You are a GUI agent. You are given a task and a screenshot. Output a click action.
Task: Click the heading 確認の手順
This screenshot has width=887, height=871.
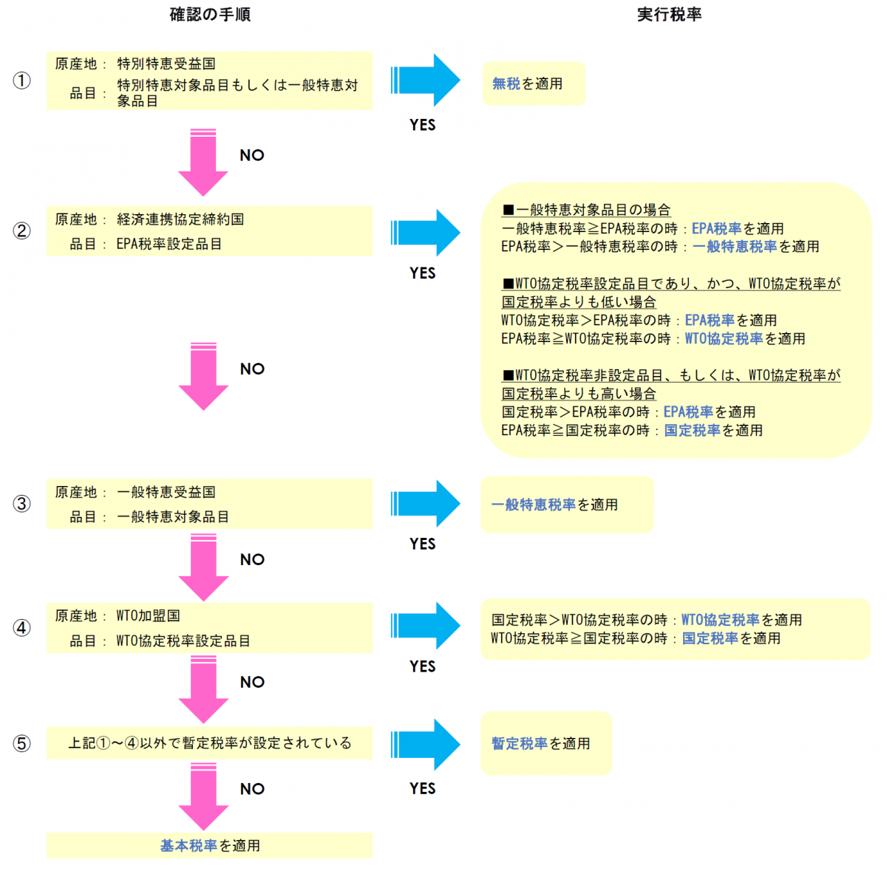tap(210, 15)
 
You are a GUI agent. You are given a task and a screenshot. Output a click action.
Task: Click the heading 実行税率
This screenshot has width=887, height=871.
tap(669, 15)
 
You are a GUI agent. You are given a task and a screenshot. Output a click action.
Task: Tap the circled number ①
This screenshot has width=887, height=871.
tap(21, 81)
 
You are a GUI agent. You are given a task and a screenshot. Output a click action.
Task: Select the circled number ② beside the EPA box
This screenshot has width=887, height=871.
tap(21, 231)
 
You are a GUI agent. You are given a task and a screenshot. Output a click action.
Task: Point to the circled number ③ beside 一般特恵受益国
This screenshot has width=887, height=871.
tap(21, 504)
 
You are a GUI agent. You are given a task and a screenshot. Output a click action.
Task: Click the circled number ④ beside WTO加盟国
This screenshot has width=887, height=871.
tap(21, 628)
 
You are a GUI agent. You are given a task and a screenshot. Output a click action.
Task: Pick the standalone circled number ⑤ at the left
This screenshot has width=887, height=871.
tap(21, 743)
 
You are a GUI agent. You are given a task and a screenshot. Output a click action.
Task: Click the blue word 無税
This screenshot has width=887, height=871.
tap(506, 83)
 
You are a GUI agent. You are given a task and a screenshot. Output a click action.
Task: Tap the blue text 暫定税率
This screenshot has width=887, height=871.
tap(520, 743)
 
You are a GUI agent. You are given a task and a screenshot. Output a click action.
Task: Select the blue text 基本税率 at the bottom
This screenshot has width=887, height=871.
tap(188, 846)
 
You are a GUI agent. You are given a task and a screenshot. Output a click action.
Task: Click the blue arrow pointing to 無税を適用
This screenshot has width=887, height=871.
tap(425, 81)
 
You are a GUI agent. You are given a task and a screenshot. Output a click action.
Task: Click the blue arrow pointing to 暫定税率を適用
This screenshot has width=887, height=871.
tap(425, 745)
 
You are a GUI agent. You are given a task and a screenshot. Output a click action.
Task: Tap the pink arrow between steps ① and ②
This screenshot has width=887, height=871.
tap(203, 163)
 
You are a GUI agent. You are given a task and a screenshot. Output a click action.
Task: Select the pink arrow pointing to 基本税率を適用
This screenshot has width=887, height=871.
tap(203, 796)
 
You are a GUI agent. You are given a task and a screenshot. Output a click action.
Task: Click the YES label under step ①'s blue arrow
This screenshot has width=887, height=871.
tap(423, 125)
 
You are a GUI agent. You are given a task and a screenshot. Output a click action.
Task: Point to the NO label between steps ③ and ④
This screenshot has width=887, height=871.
tap(252, 559)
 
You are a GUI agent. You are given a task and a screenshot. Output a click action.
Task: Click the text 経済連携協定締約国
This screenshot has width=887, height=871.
tap(180, 219)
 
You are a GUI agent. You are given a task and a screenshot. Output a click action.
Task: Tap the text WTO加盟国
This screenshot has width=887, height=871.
tap(149, 615)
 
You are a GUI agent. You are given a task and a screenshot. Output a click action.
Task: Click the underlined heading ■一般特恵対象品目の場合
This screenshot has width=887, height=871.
tap(586, 211)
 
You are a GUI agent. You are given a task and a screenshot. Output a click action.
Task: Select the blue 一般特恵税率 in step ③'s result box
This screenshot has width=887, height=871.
tap(534, 505)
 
